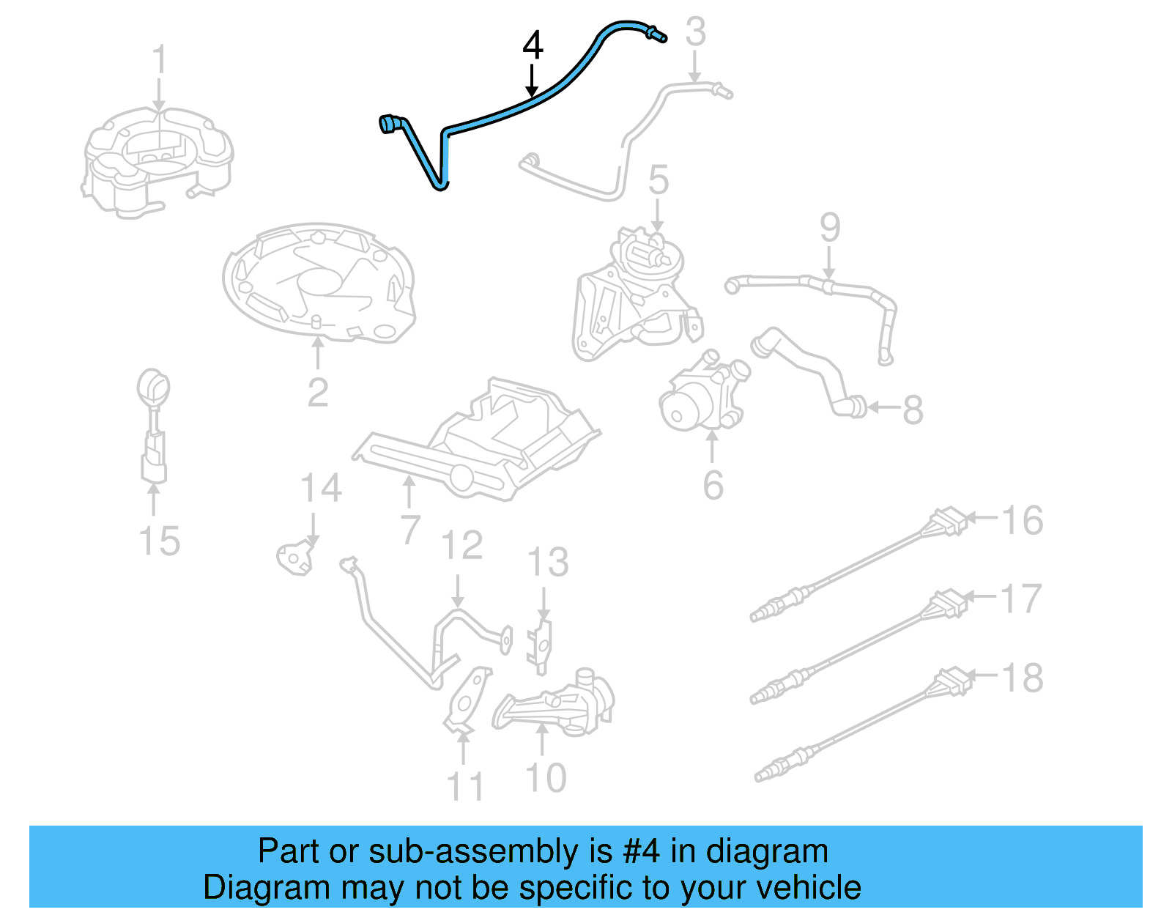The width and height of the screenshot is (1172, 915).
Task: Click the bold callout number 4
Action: pyautogui.click(x=533, y=45)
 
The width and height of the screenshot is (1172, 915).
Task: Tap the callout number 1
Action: pyautogui.click(x=159, y=59)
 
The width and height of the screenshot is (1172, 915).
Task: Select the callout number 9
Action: pyautogui.click(x=829, y=228)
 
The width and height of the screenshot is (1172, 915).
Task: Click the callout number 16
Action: pyautogui.click(x=1021, y=521)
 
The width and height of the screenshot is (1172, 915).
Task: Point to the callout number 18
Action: pyautogui.click(x=1022, y=678)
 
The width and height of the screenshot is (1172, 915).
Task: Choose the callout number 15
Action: pyautogui.click(x=159, y=541)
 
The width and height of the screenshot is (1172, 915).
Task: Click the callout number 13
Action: pyautogui.click(x=548, y=563)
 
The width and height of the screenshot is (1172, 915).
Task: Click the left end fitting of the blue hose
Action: pyautogui.click(x=388, y=125)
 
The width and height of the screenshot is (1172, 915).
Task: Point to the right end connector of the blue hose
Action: pyautogui.click(x=656, y=34)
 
